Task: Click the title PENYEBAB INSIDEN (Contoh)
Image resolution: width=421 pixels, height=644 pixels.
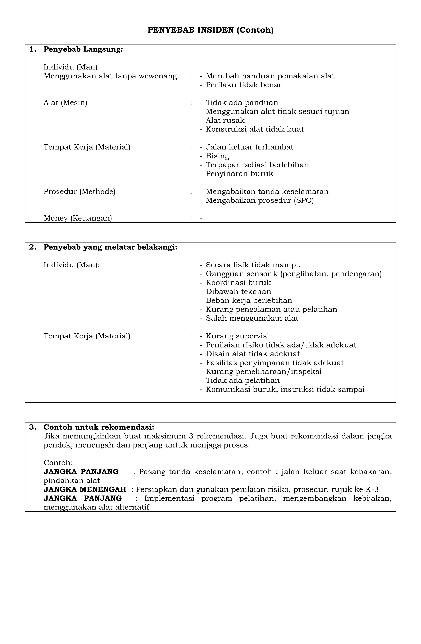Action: tap(210, 30)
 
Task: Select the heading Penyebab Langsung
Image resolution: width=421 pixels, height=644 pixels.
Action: tap(83, 50)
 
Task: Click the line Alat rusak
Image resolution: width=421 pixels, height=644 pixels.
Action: tap(225, 120)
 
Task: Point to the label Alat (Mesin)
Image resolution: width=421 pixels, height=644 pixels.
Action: tap(65, 103)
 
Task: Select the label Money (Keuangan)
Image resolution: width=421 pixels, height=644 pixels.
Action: tap(78, 218)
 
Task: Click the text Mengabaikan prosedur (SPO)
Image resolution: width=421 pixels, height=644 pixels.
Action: tap(260, 201)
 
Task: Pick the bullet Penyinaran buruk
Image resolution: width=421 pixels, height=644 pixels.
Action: tap(239, 174)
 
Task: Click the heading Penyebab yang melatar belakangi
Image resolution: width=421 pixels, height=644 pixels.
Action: tap(110, 247)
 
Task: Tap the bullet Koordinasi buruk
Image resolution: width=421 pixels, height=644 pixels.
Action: tap(238, 283)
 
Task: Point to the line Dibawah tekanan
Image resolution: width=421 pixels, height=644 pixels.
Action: tap(238, 292)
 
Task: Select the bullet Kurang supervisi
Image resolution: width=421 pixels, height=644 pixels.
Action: tap(237, 336)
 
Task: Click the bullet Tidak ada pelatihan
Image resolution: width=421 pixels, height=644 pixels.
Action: tap(243, 380)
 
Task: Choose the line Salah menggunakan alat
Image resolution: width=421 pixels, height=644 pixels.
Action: tap(252, 318)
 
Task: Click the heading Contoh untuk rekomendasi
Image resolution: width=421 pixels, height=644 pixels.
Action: tap(99, 427)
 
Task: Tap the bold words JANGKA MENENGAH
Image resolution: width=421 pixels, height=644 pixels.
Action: tap(85, 489)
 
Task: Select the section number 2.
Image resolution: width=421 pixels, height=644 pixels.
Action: tap(32, 247)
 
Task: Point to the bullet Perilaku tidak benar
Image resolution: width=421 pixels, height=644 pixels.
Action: tap(243, 85)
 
